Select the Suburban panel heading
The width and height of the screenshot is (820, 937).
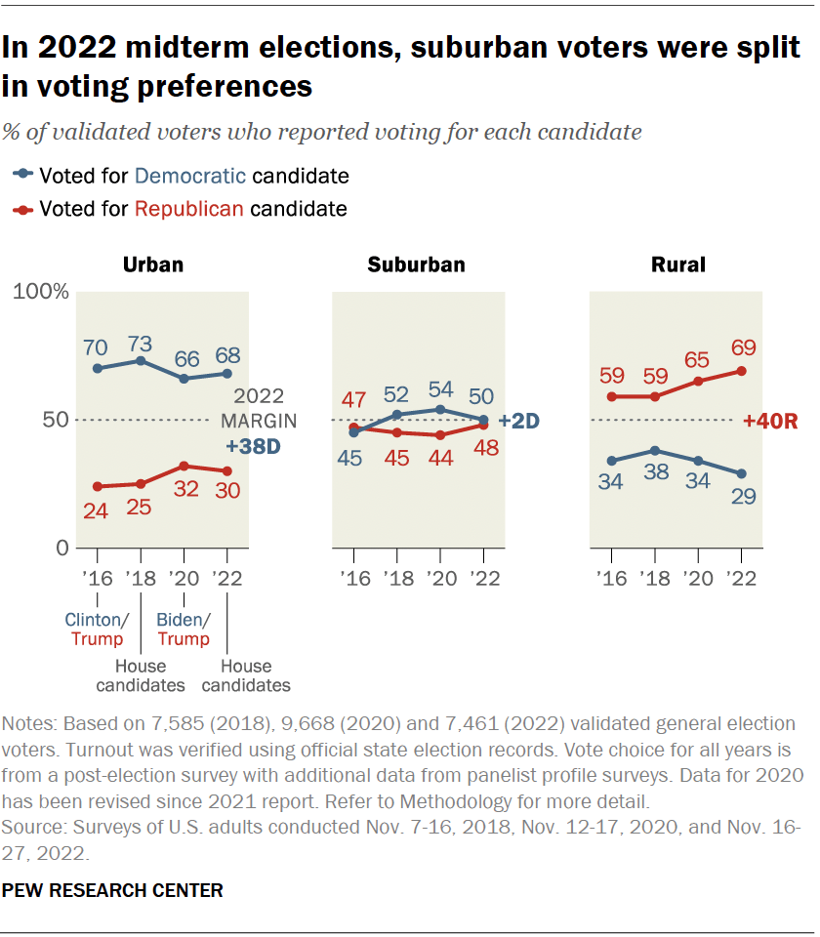point(416,264)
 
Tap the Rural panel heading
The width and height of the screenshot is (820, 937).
point(677,264)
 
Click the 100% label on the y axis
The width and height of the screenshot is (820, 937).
point(39,292)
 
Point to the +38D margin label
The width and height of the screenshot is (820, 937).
point(254,447)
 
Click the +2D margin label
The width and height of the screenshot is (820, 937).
point(519,421)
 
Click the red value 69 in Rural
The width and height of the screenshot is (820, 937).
point(742,348)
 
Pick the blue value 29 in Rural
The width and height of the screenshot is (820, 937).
point(742,496)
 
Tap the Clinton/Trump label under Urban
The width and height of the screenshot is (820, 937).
point(96,630)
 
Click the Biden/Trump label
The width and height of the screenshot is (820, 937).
point(184,630)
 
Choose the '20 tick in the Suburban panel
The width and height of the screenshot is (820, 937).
point(439,578)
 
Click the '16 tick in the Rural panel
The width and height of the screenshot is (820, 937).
point(610,578)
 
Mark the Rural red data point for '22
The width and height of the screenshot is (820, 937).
point(742,371)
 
